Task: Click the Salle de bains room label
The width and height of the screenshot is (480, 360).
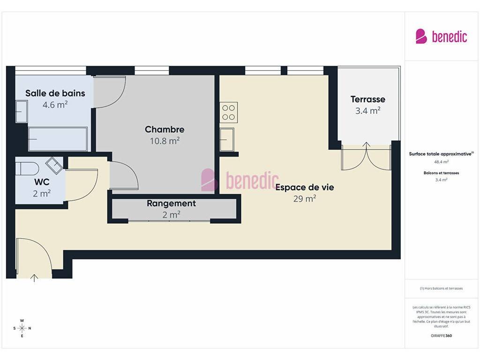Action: (x=55, y=93)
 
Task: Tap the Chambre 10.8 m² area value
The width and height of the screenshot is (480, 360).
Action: (x=165, y=141)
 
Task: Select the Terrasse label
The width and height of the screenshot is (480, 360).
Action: (x=367, y=99)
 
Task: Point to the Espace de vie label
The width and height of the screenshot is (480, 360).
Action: (x=305, y=187)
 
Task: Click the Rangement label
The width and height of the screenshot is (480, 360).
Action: (x=171, y=203)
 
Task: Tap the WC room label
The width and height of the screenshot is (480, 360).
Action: (x=42, y=182)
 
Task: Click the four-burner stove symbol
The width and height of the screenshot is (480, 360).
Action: (x=229, y=112)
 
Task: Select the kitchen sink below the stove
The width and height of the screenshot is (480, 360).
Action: (x=227, y=140)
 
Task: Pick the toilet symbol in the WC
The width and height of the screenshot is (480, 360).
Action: (x=27, y=169)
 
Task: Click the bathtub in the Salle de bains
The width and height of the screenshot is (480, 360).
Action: (x=58, y=139)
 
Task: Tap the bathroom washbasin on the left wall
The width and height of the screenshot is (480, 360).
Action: (x=22, y=112)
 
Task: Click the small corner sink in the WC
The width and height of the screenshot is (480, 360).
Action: (x=54, y=165)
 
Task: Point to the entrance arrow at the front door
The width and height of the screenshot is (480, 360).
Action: (x=34, y=277)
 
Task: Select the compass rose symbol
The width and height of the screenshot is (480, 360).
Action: (x=22, y=328)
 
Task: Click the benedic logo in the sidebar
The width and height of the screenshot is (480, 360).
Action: (x=441, y=37)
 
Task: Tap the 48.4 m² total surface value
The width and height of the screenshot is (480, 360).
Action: (x=441, y=162)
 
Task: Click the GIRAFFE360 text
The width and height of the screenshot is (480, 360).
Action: (x=441, y=336)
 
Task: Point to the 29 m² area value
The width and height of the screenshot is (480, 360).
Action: (x=305, y=199)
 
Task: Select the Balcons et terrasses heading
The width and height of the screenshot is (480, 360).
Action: (x=441, y=173)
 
